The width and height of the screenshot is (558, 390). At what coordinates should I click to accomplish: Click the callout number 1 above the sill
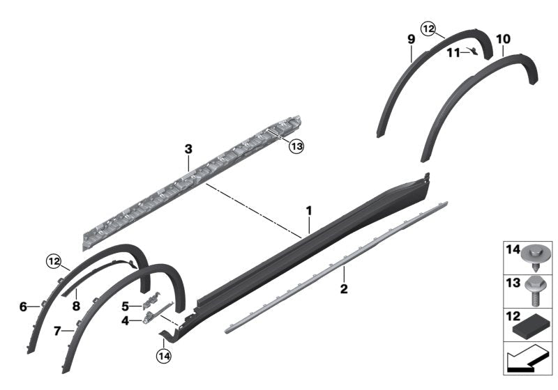click(x=309, y=210)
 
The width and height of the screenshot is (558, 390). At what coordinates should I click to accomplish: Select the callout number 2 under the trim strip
click(x=344, y=289)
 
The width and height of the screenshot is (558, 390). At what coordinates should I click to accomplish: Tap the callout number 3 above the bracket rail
click(x=188, y=149)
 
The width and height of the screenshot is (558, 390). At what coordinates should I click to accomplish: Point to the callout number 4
click(x=125, y=321)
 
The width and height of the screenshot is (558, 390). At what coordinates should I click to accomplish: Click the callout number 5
click(x=126, y=306)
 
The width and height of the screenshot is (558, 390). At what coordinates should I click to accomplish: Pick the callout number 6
click(x=23, y=306)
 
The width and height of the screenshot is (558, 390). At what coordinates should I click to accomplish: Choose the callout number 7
click(x=57, y=331)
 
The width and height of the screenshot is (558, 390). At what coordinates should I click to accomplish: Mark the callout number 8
click(x=76, y=306)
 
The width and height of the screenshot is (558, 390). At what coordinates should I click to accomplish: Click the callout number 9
click(x=412, y=39)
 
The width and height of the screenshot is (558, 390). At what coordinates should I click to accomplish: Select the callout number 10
click(x=503, y=39)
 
